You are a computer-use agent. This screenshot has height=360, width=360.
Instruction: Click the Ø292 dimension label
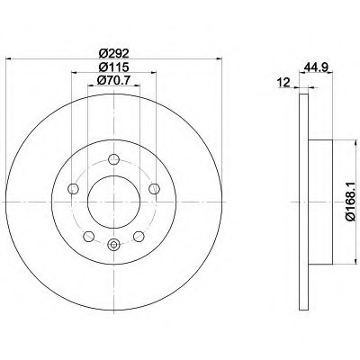(113, 53)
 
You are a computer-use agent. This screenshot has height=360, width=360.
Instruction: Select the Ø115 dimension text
(113, 67)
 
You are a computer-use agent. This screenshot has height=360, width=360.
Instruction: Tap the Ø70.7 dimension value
(113, 80)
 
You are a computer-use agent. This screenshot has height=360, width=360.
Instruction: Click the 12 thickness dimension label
(283, 82)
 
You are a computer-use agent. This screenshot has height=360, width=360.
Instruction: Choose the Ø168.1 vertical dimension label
(350, 202)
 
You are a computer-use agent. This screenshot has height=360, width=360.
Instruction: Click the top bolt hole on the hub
(113, 159)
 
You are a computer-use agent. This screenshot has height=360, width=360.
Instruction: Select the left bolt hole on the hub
(74, 189)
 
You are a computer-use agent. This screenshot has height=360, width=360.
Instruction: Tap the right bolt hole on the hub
(154, 188)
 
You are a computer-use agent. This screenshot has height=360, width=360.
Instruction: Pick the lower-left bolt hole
(88, 237)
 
